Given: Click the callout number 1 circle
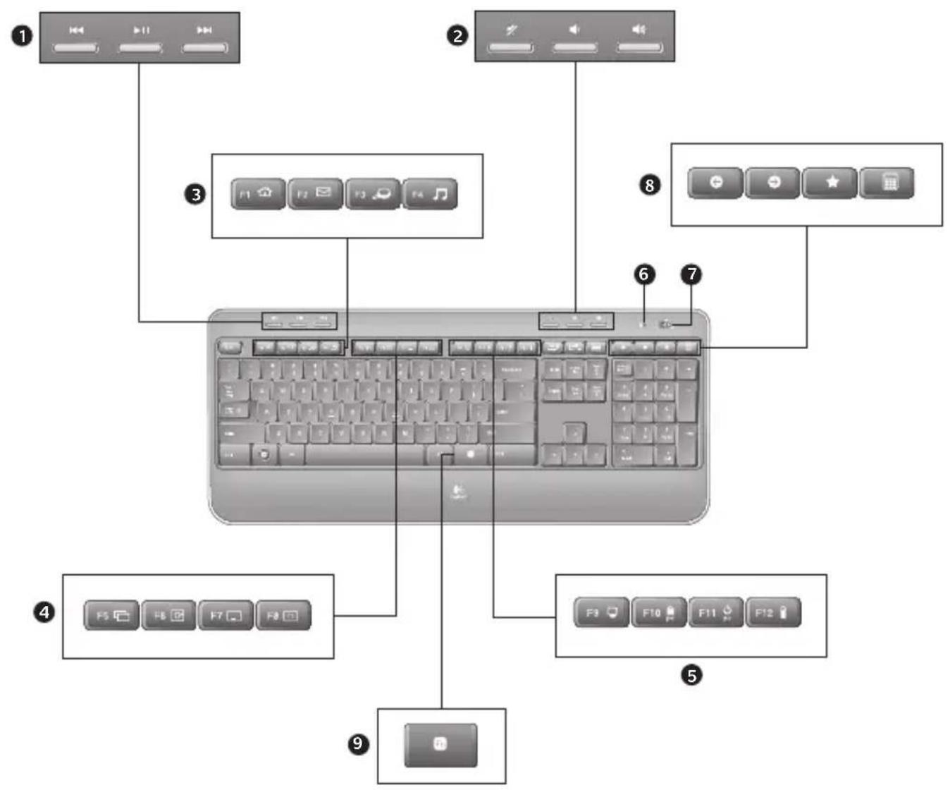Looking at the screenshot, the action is click(23, 36).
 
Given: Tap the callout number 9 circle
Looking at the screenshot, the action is click(359, 743).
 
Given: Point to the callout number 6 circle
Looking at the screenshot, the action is click(644, 274).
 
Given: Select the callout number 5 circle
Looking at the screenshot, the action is click(691, 675).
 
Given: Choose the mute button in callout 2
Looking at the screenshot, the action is click(511, 47).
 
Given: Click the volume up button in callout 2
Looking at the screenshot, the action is click(639, 47).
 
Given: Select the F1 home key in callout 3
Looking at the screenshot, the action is click(258, 193).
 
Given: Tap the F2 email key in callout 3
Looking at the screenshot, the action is click(315, 193).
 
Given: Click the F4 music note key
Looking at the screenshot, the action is click(430, 193).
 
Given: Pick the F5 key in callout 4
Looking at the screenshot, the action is click(111, 616).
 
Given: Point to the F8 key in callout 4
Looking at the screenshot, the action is click(283, 616).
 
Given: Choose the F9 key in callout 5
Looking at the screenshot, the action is click(602, 613).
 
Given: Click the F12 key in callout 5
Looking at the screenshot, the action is click(772, 613).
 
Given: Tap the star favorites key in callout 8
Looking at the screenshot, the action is click(830, 183).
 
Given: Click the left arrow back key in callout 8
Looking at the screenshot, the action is click(715, 183).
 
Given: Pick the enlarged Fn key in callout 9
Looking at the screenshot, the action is click(440, 744).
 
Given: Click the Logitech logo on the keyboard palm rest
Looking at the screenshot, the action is click(458, 489).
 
